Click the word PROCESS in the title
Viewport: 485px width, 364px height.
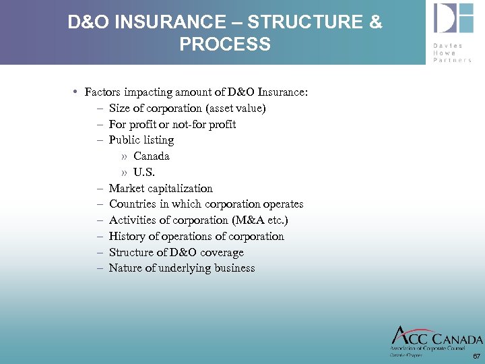point(225,44)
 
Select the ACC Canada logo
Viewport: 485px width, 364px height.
point(437,338)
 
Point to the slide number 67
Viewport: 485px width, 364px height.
point(476,355)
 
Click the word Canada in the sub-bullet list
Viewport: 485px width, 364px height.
point(152,156)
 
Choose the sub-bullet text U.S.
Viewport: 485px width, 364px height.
point(144,173)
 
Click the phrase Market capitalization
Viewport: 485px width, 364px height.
point(160,189)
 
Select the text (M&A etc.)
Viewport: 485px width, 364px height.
point(265,220)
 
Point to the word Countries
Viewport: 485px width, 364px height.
point(132,204)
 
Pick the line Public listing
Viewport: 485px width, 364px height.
point(141,140)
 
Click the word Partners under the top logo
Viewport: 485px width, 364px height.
point(452,60)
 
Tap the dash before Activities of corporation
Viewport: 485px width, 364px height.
point(99,220)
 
